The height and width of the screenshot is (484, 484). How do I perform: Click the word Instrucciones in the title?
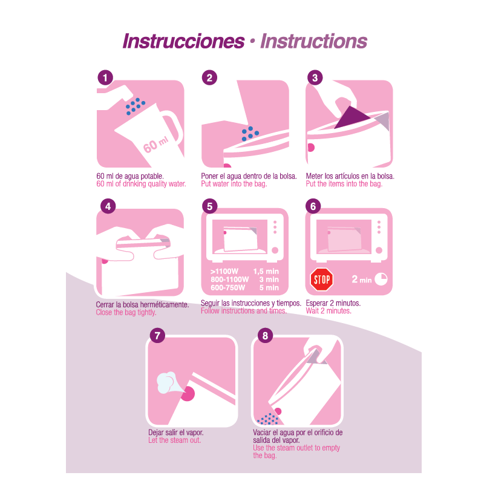click(183, 41)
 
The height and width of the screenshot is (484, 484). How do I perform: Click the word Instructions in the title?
click(313, 41)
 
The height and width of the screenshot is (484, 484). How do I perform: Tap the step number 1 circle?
click(105, 77)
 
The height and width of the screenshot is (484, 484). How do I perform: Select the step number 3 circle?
click(315, 77)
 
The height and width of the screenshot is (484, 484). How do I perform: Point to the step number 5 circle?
click(209, 206)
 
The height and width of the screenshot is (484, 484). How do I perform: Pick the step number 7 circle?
click(157, 335)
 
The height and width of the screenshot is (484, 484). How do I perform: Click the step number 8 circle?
click(265, 335)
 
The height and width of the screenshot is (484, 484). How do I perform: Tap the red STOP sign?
click(322, 280)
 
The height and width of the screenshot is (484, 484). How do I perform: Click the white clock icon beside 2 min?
click(381, 279)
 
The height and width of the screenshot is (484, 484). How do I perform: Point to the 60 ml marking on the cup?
click(156, 145)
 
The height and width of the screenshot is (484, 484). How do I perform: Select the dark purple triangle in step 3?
click(352, 117)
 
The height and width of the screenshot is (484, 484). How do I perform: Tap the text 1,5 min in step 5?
click(266, 271)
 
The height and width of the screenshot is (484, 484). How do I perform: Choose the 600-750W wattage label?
click(228, 288)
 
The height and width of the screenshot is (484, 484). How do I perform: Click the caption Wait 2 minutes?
click(329, 311)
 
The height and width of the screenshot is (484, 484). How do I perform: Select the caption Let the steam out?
click(174, 440)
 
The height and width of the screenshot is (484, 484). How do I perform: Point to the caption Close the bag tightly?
click(126, 312)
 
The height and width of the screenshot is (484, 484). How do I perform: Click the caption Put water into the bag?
click(234, 184)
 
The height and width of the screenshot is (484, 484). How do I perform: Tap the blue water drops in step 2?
click(250, 134)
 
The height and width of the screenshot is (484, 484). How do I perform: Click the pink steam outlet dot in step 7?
click(188, 394)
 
